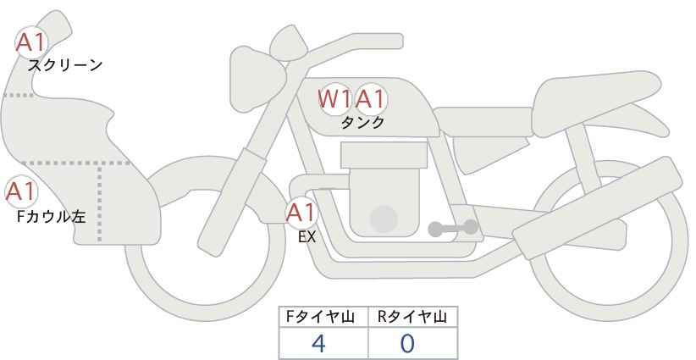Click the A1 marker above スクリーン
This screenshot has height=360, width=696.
[31, 42]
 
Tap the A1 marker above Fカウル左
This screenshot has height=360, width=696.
[21, 191]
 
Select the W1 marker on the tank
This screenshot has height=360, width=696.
[335, 98]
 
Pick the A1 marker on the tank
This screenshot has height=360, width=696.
[371, 98]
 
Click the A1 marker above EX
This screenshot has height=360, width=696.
[301, 213]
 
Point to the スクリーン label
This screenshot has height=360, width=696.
[65, 66]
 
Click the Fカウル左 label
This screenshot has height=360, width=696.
[51, 217]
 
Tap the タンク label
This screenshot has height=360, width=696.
[362, 123]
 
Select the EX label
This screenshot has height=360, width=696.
[307, 237]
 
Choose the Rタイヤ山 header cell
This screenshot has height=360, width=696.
[413, 317]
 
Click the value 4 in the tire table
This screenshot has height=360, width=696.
[318, 344]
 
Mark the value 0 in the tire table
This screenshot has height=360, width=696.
[407, 344]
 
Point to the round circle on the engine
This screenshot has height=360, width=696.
[384, 219]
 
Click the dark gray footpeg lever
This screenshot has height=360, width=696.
[453, 228]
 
